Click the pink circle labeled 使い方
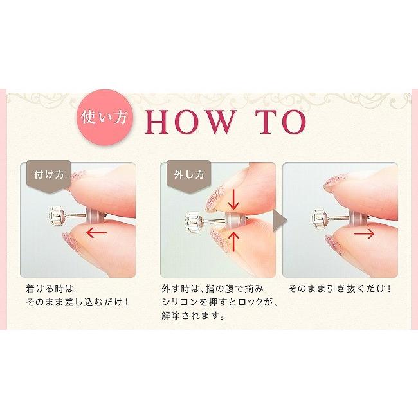pos(105,117)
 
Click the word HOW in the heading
pos(188,122)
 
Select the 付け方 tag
pos(49,176)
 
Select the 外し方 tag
pos(188,176)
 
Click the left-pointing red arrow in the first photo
pos(96,232)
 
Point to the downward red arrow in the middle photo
pos(233,199)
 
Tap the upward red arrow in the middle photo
pos(234,242)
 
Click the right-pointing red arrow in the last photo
pos(364,234)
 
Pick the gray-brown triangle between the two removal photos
pos(279,221)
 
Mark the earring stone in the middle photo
pos(194,221)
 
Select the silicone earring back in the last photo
pos(356,216)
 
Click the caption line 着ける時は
pos(50,289)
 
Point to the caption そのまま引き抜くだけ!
pos(340,289)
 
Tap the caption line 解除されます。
pos(192,316)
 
